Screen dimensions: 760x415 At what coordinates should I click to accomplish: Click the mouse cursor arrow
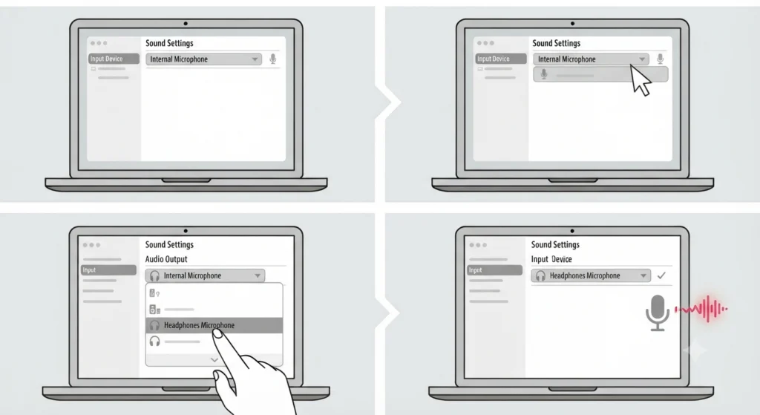[641, 80]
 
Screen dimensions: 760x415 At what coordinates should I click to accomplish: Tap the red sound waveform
[701, 309]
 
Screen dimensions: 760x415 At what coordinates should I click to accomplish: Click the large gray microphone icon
[658, 313]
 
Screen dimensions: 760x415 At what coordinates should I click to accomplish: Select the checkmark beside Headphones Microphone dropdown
[661, 275]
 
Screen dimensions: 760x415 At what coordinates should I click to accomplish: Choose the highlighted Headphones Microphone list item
[214, 325]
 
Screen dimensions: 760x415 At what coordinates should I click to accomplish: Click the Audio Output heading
[166, 259]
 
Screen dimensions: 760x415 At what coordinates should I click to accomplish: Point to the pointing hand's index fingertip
[217, 333]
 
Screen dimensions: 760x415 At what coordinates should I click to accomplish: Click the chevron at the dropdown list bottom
[214, 360]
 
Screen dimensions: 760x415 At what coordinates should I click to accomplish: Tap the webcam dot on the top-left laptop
[186, 23]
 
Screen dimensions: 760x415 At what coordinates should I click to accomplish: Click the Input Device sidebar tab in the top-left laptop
[114, 59]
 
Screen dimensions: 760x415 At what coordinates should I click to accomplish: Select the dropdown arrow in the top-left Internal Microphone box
[255, 59]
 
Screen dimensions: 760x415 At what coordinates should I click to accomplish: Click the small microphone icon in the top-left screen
[273, 59]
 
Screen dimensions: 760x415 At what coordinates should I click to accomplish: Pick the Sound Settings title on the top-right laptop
[557, 43]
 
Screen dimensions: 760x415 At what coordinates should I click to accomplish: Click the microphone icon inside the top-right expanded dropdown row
[544, 74]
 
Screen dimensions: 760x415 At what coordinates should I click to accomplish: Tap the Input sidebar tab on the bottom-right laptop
[494, 270]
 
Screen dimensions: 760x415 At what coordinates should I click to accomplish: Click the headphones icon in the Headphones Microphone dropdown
[540, 276]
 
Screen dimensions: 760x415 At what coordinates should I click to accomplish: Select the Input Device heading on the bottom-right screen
[551, 259]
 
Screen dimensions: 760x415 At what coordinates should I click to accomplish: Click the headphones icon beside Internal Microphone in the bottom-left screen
[154, 276]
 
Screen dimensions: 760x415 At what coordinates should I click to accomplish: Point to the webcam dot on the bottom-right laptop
[572, 231]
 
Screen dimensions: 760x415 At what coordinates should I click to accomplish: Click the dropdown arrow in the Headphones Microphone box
[643, 276]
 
